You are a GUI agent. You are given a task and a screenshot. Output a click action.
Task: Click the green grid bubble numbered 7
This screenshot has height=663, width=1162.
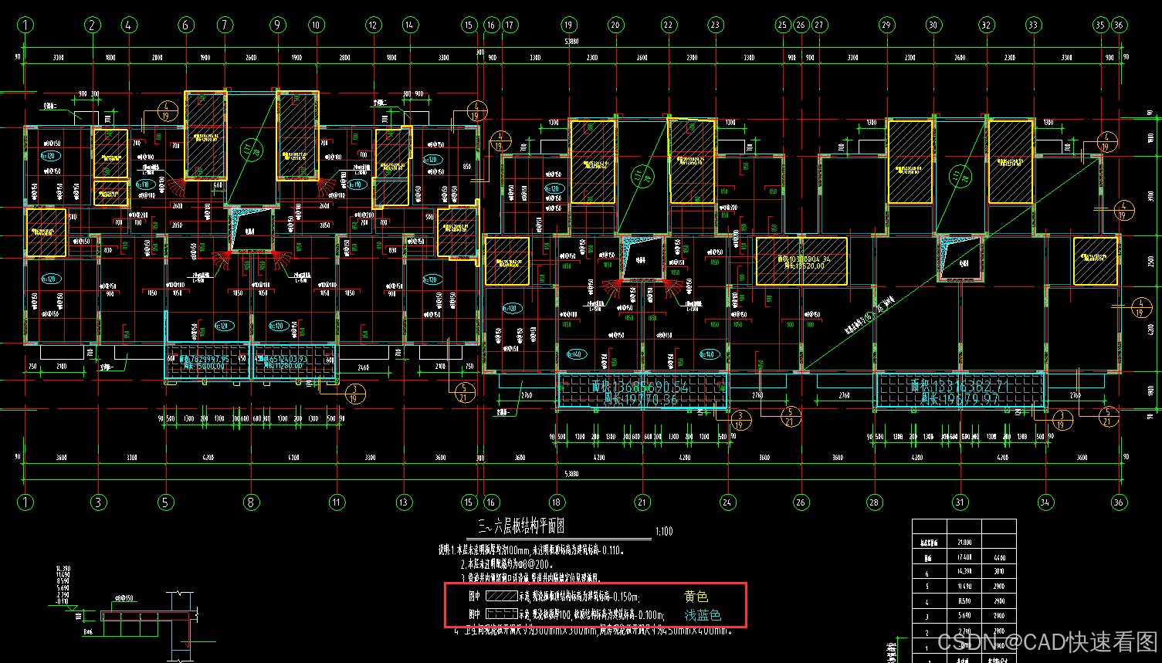(225, 25)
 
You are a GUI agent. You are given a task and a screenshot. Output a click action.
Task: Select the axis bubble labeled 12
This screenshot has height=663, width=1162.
(374, 25)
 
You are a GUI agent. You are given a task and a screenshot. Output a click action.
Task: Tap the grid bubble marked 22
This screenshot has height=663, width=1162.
(669, 25)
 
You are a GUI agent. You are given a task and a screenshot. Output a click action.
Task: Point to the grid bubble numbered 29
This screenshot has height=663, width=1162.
(886, 25)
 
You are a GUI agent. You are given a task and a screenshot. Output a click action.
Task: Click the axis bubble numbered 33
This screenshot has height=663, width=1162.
(1033, 25)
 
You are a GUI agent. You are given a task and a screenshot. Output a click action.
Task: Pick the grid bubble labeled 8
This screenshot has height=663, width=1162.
(250, 502)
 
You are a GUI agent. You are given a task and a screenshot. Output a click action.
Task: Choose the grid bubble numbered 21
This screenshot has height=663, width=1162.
(642, 502)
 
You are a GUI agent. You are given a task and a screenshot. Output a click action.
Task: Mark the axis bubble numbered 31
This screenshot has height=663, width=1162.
(960, 502)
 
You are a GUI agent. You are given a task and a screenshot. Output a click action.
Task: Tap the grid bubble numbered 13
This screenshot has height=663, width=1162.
(404, 502)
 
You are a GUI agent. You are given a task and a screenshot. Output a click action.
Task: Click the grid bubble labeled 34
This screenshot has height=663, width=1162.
(1045, 502)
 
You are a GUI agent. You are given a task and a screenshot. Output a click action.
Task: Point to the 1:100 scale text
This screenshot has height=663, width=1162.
(663, 532)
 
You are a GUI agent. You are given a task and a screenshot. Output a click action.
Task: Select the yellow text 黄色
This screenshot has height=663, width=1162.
(696, 597)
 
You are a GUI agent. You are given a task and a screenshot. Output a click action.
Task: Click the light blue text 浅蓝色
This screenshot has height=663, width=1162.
(703, 615)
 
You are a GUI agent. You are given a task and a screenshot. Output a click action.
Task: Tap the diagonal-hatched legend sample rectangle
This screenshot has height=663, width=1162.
(501, 597)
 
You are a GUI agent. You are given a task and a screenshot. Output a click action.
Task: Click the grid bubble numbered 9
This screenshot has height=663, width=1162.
(278, 25)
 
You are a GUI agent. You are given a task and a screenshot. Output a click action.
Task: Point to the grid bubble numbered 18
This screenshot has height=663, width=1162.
(557, 502)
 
